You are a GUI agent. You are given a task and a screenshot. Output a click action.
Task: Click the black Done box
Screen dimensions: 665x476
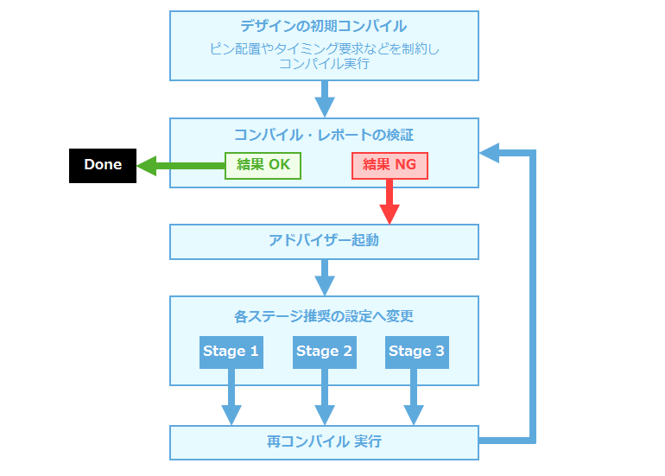[103, 166]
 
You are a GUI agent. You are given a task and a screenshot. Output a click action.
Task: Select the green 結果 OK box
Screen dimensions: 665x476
[263, 166]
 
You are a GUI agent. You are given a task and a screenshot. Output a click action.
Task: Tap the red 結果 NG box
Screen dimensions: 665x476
[389, 166]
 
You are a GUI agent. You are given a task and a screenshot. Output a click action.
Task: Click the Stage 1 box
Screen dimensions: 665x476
[231, 352]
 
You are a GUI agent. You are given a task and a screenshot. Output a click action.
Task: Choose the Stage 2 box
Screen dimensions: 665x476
[325, 352]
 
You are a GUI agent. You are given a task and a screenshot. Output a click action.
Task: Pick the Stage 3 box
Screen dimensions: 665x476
[417, 352]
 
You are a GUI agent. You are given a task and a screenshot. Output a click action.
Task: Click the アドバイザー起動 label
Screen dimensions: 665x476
[324, 240]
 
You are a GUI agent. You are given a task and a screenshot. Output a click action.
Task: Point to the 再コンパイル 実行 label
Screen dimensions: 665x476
[324, 441]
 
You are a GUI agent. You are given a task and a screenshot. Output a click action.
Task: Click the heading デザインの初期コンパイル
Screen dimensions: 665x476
[324, 26]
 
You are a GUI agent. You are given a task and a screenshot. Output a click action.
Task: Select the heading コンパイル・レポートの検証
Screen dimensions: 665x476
[324, 135]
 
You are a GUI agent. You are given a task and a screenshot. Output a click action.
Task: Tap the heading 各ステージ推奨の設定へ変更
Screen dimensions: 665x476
[324, 316]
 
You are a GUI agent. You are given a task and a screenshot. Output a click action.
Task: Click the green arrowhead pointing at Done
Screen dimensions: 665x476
[147, 166]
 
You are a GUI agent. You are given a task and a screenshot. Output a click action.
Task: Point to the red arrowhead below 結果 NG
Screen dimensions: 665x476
[389, 214]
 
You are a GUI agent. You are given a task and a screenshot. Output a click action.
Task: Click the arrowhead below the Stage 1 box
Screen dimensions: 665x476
[231, 416]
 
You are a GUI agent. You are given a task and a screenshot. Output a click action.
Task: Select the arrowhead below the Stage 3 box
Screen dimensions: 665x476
[414, 416]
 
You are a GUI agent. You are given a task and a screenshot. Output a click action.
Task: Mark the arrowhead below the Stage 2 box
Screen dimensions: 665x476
[325, 416]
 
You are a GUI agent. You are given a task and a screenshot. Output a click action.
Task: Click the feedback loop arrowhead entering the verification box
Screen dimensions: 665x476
[490, 153]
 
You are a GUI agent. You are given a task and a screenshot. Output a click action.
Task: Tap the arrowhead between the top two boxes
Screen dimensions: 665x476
[325, 107]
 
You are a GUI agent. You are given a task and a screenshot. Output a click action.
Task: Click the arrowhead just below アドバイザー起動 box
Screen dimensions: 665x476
[325, 286]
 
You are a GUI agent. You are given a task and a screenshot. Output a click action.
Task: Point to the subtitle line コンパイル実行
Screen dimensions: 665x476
[324, 64]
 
